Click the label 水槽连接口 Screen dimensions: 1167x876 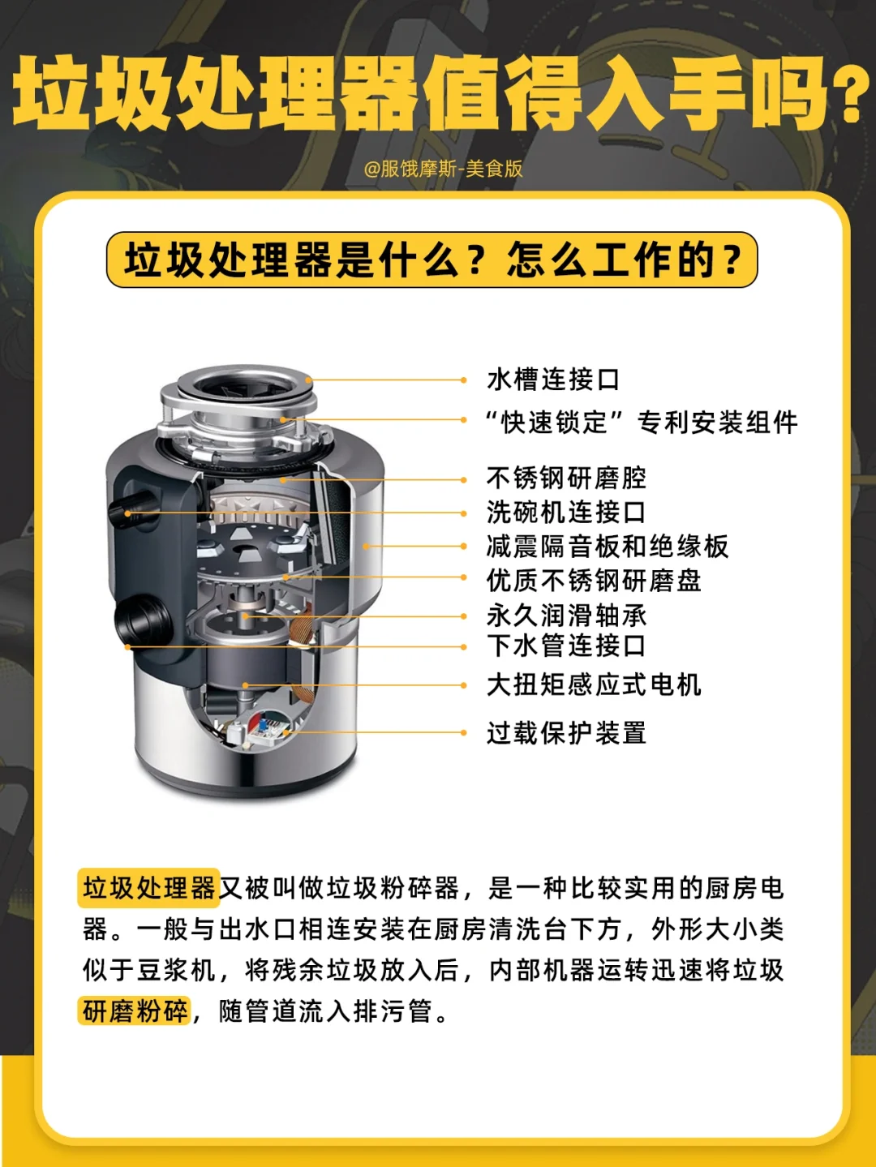click(553, 380)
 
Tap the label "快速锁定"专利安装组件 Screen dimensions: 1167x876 click(641, 423)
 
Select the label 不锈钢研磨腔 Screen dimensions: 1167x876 click(566, 478)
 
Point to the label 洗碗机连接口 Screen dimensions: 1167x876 click(566, 513)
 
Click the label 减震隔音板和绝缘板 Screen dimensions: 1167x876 click(607, 547)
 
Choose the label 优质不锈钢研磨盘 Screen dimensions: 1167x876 click(594, 581)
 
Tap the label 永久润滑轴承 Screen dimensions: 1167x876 click(566, 616)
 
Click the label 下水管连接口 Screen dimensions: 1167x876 click(566, 646)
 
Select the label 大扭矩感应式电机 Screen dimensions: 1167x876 click(594, 685)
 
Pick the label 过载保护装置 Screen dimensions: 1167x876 click(566, 733)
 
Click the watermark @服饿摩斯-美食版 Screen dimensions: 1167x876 click(443, 169)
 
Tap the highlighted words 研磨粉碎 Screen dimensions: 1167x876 click(135, 1011)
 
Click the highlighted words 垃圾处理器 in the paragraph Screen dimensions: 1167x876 click(149, 888)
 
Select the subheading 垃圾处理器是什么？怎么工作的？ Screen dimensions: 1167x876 click(432, 260)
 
